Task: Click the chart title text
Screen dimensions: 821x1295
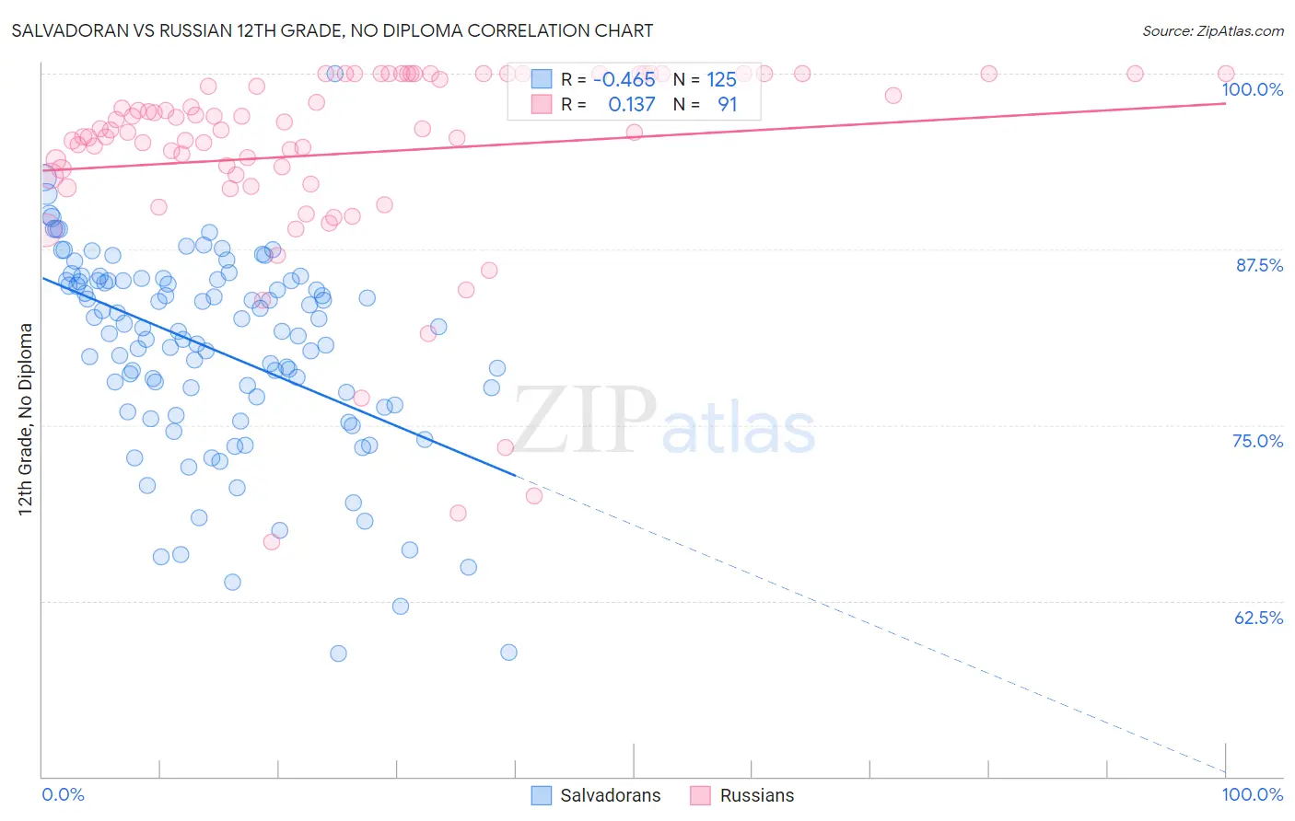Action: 332,30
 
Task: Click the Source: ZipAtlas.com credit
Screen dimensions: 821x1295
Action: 1212,31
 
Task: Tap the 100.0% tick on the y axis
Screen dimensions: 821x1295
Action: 1252,89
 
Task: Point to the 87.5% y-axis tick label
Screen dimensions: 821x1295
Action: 1259,265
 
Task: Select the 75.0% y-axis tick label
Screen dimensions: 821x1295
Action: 1257,441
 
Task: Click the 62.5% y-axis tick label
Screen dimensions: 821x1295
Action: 1258,618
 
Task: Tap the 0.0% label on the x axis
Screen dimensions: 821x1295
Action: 63,794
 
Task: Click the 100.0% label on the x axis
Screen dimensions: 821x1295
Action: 1252,794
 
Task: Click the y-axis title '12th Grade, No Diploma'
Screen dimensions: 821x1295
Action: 26,419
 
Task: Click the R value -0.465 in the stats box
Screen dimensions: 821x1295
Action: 624,79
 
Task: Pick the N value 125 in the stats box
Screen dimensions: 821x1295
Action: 721,79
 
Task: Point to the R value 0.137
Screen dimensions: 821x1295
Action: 631,104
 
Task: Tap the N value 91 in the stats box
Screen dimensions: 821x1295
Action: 727,104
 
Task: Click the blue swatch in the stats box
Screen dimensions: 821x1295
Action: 541,79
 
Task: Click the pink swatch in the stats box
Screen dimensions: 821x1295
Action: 541,104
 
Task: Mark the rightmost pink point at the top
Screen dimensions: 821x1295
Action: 1225,74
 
